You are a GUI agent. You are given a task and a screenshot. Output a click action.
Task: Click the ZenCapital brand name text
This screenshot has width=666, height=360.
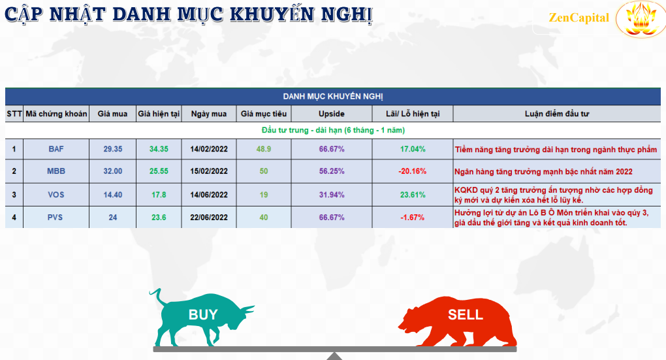coord(579,18)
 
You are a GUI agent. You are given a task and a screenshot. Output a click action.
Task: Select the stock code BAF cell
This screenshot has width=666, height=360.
coord(56,149)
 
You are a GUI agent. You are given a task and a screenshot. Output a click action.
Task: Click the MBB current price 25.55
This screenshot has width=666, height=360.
coord(159,171)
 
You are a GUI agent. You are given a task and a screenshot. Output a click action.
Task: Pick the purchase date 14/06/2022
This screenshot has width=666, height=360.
coord(209,195)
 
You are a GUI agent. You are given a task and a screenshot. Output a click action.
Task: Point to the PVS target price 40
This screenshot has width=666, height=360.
coord(264,217)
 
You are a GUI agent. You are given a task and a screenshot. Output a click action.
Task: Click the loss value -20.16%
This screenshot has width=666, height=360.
coord(413,171)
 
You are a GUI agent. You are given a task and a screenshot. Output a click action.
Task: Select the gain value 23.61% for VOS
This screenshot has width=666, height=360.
coord(413,195)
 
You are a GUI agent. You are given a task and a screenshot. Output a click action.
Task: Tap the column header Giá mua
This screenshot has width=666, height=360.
coord(112,114)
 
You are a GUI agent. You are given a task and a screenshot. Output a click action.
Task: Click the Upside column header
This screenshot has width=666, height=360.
coord(332,114)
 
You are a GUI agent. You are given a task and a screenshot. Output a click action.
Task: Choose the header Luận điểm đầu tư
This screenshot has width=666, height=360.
coord(557,114)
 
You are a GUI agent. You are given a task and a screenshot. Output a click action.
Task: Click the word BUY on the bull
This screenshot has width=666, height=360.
coord(203,314)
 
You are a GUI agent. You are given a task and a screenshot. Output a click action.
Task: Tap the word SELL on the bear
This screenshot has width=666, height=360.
coord(466,314)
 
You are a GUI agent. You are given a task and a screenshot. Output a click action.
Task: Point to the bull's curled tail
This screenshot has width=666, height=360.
coord(156,296)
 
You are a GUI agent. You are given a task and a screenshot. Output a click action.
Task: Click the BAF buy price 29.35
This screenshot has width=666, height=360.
coord(112,149)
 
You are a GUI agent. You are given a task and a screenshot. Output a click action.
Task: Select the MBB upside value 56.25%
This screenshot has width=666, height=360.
coord(332,171)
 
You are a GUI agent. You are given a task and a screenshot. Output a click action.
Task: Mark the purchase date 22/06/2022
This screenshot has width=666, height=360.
coord(209,217)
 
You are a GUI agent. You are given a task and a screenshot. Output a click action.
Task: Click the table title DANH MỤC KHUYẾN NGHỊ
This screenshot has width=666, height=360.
coord(333,97)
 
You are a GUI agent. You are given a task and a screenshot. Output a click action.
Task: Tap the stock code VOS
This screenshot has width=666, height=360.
coord(56,195)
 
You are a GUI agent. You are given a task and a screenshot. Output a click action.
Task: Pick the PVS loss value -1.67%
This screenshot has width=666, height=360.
coord(413,217)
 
